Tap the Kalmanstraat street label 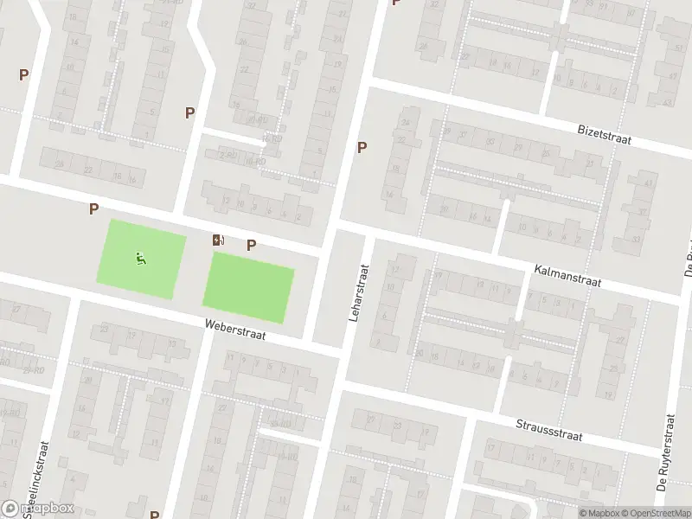(567, 276)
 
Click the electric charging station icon (219, 240)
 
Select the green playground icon (141, 257)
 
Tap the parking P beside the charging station (251, 245)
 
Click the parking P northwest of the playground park (93, 208)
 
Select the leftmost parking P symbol (23, 75)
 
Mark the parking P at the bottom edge (154, 514)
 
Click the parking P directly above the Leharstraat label (362, 148)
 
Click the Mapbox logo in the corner (38, 508)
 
